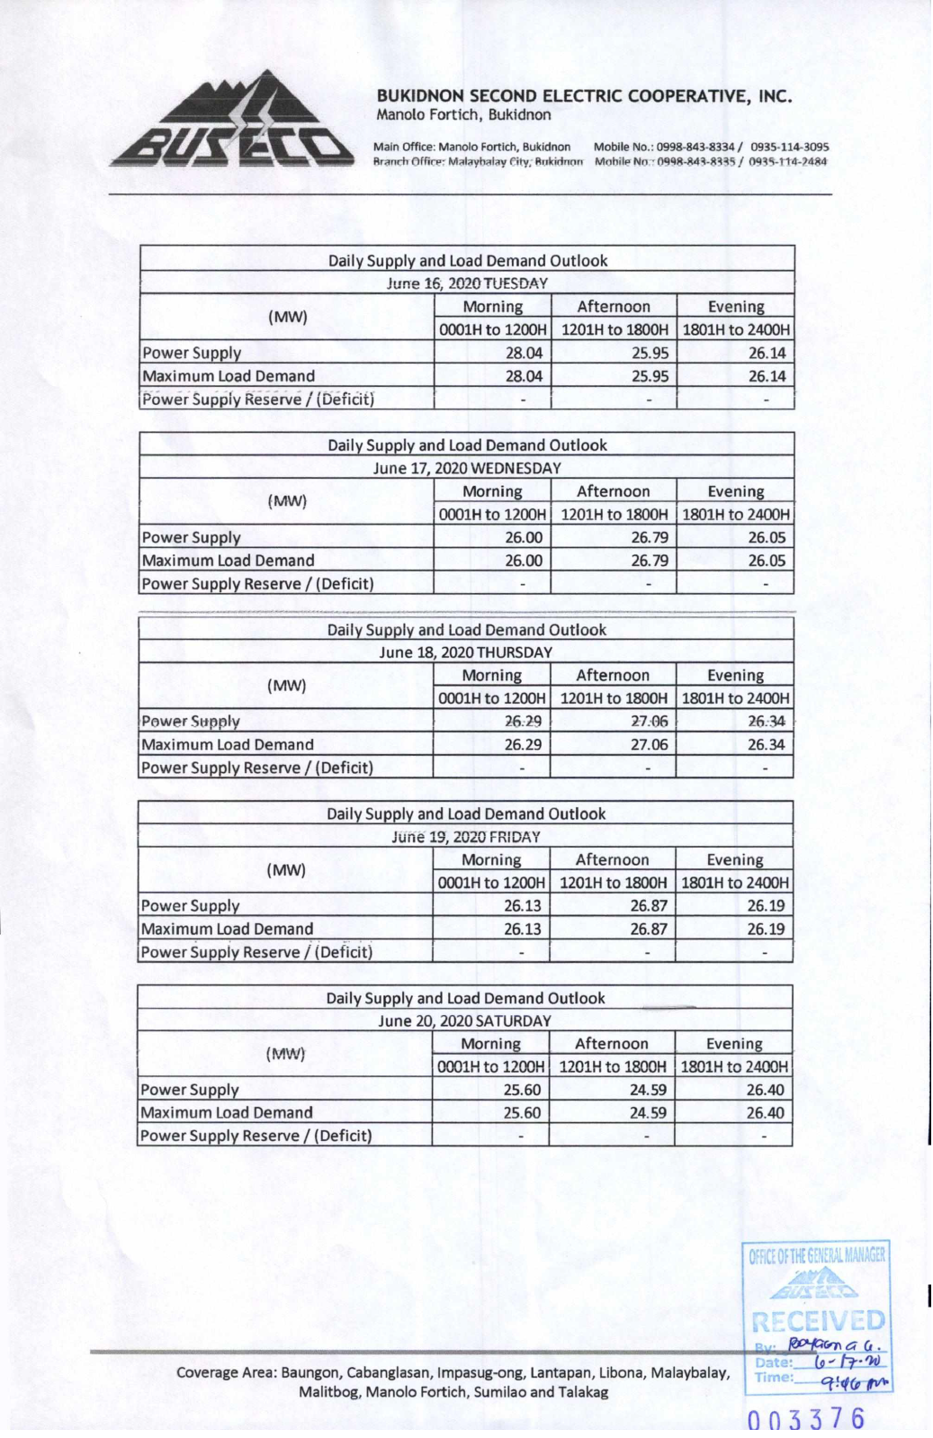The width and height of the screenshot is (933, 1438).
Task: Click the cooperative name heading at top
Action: click(584, 96)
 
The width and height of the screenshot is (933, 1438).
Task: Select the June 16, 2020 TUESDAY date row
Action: click(467, 283)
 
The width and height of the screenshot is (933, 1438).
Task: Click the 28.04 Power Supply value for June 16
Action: click(523, 353)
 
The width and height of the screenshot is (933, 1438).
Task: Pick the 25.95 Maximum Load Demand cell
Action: click(649, 376)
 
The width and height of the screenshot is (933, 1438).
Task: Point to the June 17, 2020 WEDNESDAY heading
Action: click(467, 468)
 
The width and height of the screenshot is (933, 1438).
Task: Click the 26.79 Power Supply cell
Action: click(649, 537)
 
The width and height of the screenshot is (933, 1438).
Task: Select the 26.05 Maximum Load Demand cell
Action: click(766, 561)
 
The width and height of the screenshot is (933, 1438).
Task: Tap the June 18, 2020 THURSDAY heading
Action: click(465, 652)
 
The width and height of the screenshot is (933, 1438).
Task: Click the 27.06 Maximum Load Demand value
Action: click(649, 744)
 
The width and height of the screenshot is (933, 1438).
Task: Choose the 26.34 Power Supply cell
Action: click(766, 721)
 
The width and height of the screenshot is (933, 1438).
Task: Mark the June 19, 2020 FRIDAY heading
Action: click(465, 836)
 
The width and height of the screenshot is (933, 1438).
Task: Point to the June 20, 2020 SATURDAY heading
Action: click(464, 1020)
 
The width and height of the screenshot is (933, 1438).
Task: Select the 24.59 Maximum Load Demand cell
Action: click(648, 1112)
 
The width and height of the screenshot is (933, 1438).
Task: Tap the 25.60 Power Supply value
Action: click(522, 1090)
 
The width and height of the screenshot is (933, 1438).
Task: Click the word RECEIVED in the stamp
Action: click(818, 1321)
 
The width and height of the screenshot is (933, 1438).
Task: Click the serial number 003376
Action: click(806, 1419)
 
